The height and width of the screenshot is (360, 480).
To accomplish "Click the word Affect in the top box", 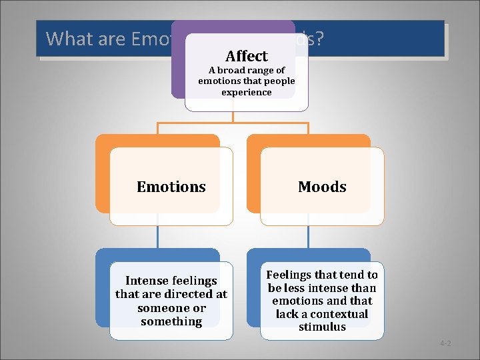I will (246, 56).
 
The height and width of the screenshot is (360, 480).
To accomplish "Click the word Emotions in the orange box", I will (171, 187).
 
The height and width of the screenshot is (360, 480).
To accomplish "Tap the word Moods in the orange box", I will (322, 187).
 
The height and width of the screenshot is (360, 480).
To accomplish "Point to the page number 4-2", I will (445, 343).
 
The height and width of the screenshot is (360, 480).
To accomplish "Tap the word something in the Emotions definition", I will (171, 321).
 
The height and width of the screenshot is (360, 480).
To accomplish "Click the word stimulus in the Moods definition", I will (322, 327).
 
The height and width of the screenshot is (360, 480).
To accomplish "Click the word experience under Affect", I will (246, 92).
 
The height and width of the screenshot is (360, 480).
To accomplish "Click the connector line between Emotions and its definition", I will (157, 237).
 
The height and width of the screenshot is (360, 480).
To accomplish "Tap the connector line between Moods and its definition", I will (309, 237).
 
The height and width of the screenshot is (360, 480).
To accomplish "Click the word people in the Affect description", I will (279, 81).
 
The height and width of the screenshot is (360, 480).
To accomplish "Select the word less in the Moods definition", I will (297, 288).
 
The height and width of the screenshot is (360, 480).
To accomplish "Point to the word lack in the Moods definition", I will (287, 314).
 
